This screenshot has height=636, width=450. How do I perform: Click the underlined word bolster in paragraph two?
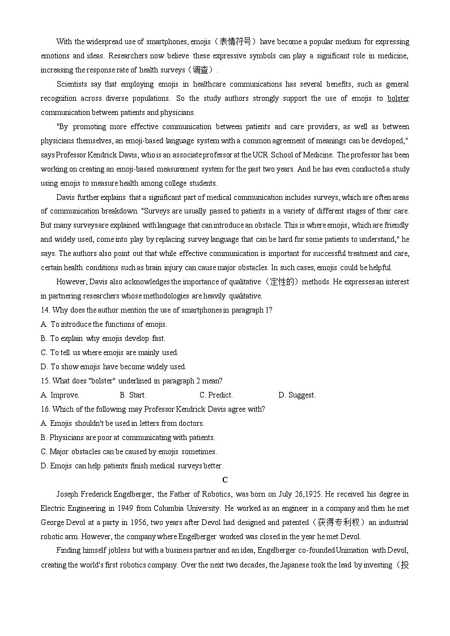398,99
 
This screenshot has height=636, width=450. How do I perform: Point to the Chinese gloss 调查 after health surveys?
200,70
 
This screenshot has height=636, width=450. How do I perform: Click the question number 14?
45,310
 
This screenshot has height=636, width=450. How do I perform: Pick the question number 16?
45,409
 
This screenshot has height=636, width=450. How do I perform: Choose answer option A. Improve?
60,395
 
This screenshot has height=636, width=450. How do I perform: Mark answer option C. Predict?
216,395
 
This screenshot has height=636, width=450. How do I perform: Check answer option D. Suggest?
297,395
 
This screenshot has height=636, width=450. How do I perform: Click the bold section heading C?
225,480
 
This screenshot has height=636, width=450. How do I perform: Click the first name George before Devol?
53,523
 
